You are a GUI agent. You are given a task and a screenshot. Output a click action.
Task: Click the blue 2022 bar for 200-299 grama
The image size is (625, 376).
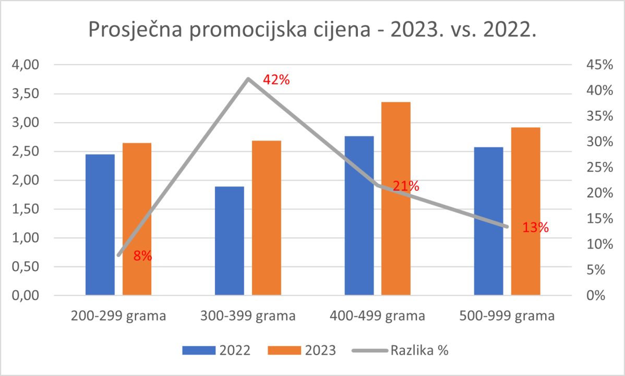pyautogui.click(x=100, y=225)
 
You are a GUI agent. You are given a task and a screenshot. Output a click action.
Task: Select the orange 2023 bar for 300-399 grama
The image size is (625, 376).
pyautogui.click(x=266, y=218)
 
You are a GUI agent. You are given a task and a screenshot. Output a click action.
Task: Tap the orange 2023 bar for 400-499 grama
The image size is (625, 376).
pyautogui.click(x=396, y=198)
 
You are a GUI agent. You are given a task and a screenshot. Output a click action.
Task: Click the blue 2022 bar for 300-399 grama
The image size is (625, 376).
pyautogui.click(x=229, y=241)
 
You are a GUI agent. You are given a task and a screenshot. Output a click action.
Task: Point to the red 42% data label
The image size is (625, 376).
pyautogui.click(x=276, y=80)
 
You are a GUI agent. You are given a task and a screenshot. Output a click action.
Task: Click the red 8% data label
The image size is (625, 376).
pyautogui.click(x=142, y=256)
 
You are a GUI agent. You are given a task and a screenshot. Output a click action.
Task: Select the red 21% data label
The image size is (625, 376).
pyautogui.click(x=405, y=186)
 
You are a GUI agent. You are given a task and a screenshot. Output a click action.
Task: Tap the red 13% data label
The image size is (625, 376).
pyautogui.click(x=535, y=228)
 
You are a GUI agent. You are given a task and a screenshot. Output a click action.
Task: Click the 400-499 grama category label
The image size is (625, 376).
pyautogui.click(x=377, y=316)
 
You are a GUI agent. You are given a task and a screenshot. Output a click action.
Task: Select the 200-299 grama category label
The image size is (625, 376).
pyautogui.click(x=118, y=316)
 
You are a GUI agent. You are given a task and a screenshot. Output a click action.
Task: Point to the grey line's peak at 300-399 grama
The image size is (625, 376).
pyautogui.click(x=248, y=79)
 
